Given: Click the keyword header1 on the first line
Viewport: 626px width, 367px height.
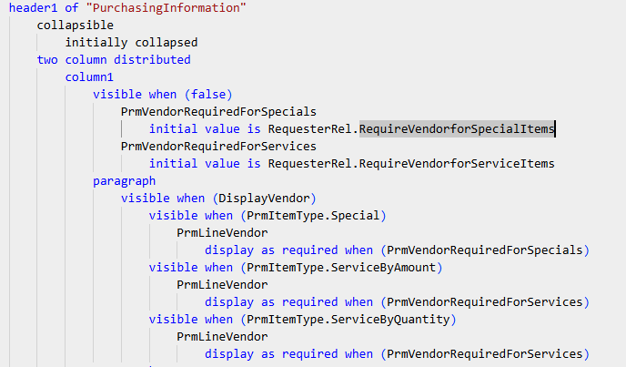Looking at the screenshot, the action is coord(33,7).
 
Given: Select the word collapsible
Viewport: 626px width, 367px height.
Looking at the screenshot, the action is coord(75,25).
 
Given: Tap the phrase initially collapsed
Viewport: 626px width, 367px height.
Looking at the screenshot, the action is coord(131,43).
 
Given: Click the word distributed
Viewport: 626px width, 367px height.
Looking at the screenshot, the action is coord(152,59).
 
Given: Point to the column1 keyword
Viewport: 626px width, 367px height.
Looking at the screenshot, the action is coord(89,76).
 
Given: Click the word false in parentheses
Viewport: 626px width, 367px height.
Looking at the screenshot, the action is coord(208,95).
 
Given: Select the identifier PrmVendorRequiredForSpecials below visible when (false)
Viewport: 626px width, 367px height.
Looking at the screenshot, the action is coord(218,111).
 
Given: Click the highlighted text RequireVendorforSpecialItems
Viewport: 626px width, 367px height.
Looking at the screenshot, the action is coord(457,128).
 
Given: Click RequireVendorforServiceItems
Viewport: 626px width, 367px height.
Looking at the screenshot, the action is coord(457,164).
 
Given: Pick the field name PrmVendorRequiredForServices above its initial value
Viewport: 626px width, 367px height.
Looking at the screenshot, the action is coord(218,147).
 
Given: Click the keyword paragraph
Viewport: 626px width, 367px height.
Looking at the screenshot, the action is coord(124,181).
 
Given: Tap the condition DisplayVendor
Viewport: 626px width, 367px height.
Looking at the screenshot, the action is coord(264,199).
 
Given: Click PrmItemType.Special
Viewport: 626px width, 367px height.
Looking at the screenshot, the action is coord(313,216).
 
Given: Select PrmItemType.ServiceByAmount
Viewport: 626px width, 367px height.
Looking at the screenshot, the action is coord(341,268).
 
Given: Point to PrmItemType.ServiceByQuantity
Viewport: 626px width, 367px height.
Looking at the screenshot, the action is coord(348,320).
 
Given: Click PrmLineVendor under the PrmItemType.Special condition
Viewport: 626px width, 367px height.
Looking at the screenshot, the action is coord(222,232).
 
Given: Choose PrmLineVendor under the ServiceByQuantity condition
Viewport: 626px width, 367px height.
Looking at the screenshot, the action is coord(222,337).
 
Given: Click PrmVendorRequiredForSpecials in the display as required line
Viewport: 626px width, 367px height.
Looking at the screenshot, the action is coord(485,250).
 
